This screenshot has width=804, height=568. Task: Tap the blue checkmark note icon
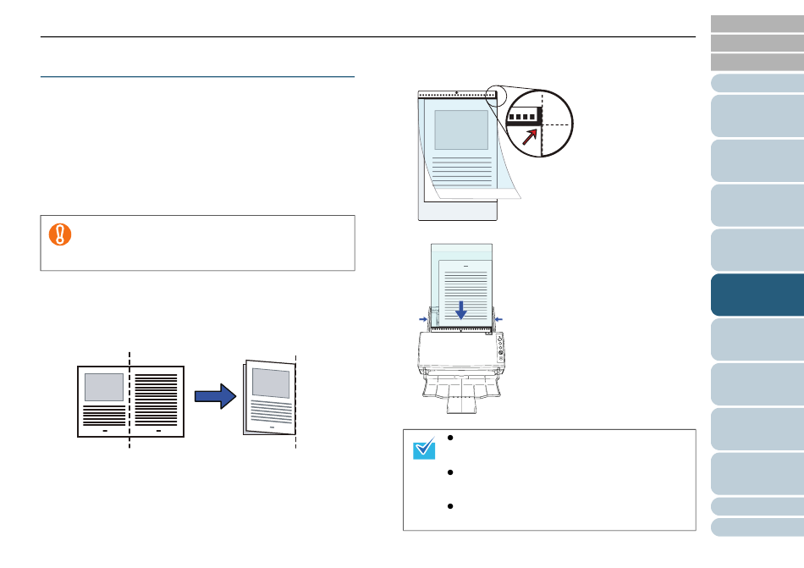[423, 448]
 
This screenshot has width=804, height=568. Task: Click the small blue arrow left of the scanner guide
[423, 318]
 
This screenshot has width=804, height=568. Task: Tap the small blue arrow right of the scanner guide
[498, 318]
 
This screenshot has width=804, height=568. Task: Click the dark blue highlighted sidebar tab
[757, 294]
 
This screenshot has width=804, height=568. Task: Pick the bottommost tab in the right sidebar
[757, 527]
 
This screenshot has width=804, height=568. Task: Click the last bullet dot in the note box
[452, 507]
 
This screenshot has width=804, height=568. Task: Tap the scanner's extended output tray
[461, 398]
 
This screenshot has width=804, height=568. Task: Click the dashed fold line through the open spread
[129, 398]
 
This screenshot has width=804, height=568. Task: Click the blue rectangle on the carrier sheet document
[460, 130]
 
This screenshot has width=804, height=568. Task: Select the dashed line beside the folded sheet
[295, 398]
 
